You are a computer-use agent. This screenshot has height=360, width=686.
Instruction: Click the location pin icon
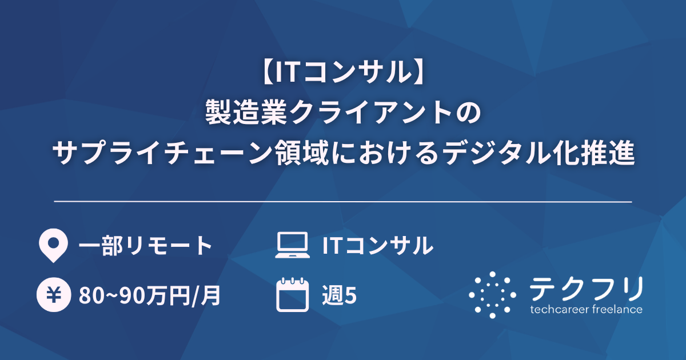tap(52, 246)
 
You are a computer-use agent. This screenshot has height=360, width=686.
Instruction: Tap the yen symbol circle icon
tap(52, 295)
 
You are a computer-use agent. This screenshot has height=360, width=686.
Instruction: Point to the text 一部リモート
tap(145, 246)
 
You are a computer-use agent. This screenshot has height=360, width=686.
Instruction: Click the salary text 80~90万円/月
tap(150, 296)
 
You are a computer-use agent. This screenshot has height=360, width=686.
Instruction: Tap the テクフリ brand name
tap(587, 289)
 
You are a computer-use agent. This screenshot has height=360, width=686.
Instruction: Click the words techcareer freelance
tap(587, 310)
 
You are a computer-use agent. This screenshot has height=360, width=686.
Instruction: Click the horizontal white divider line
tap(343, 202)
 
